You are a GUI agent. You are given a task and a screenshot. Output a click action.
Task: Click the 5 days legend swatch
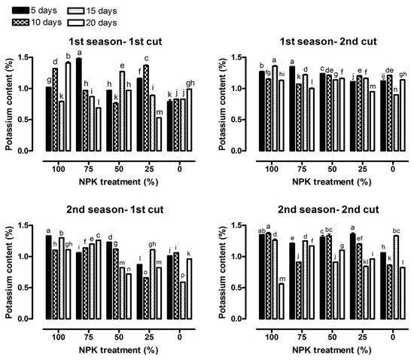[20, 11]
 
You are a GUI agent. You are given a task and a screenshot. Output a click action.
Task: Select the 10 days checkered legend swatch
[20, 22]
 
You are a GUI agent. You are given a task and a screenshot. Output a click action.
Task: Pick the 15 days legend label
[102, 11]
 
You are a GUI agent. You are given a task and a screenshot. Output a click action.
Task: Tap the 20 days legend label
[102, 23]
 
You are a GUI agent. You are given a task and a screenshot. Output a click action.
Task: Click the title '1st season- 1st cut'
[115, 41]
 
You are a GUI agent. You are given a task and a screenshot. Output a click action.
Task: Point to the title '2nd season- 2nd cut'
[328, 209]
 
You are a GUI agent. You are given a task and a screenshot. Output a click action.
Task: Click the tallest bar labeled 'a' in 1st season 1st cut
[79, 105]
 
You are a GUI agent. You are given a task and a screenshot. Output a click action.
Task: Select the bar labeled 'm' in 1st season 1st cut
[159, 134]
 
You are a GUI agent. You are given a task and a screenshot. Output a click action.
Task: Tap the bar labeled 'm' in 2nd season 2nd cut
[282, 301]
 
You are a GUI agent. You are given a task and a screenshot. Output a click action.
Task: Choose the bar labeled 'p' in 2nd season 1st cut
[183, 301]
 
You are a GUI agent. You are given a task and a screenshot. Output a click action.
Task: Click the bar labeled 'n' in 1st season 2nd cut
[396, 123]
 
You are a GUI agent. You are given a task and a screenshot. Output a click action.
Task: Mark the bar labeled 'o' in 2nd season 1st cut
[146, 298]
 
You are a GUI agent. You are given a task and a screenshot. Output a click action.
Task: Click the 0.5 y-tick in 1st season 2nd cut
[236, 120]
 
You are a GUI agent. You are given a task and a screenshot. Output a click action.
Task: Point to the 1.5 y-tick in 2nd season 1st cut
[23, 225]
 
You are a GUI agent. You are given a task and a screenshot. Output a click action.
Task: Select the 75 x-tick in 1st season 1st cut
[89, 169]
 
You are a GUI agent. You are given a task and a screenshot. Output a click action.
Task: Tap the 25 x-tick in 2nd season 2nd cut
[363, 337]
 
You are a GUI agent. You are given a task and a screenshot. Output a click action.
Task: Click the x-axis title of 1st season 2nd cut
[332, 182]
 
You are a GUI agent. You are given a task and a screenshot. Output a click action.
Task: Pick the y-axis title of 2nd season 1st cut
[9, 273]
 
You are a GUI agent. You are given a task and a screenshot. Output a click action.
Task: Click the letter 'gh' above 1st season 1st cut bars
[190, 84]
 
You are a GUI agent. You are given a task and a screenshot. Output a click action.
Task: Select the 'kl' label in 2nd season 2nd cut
[366, 261]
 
